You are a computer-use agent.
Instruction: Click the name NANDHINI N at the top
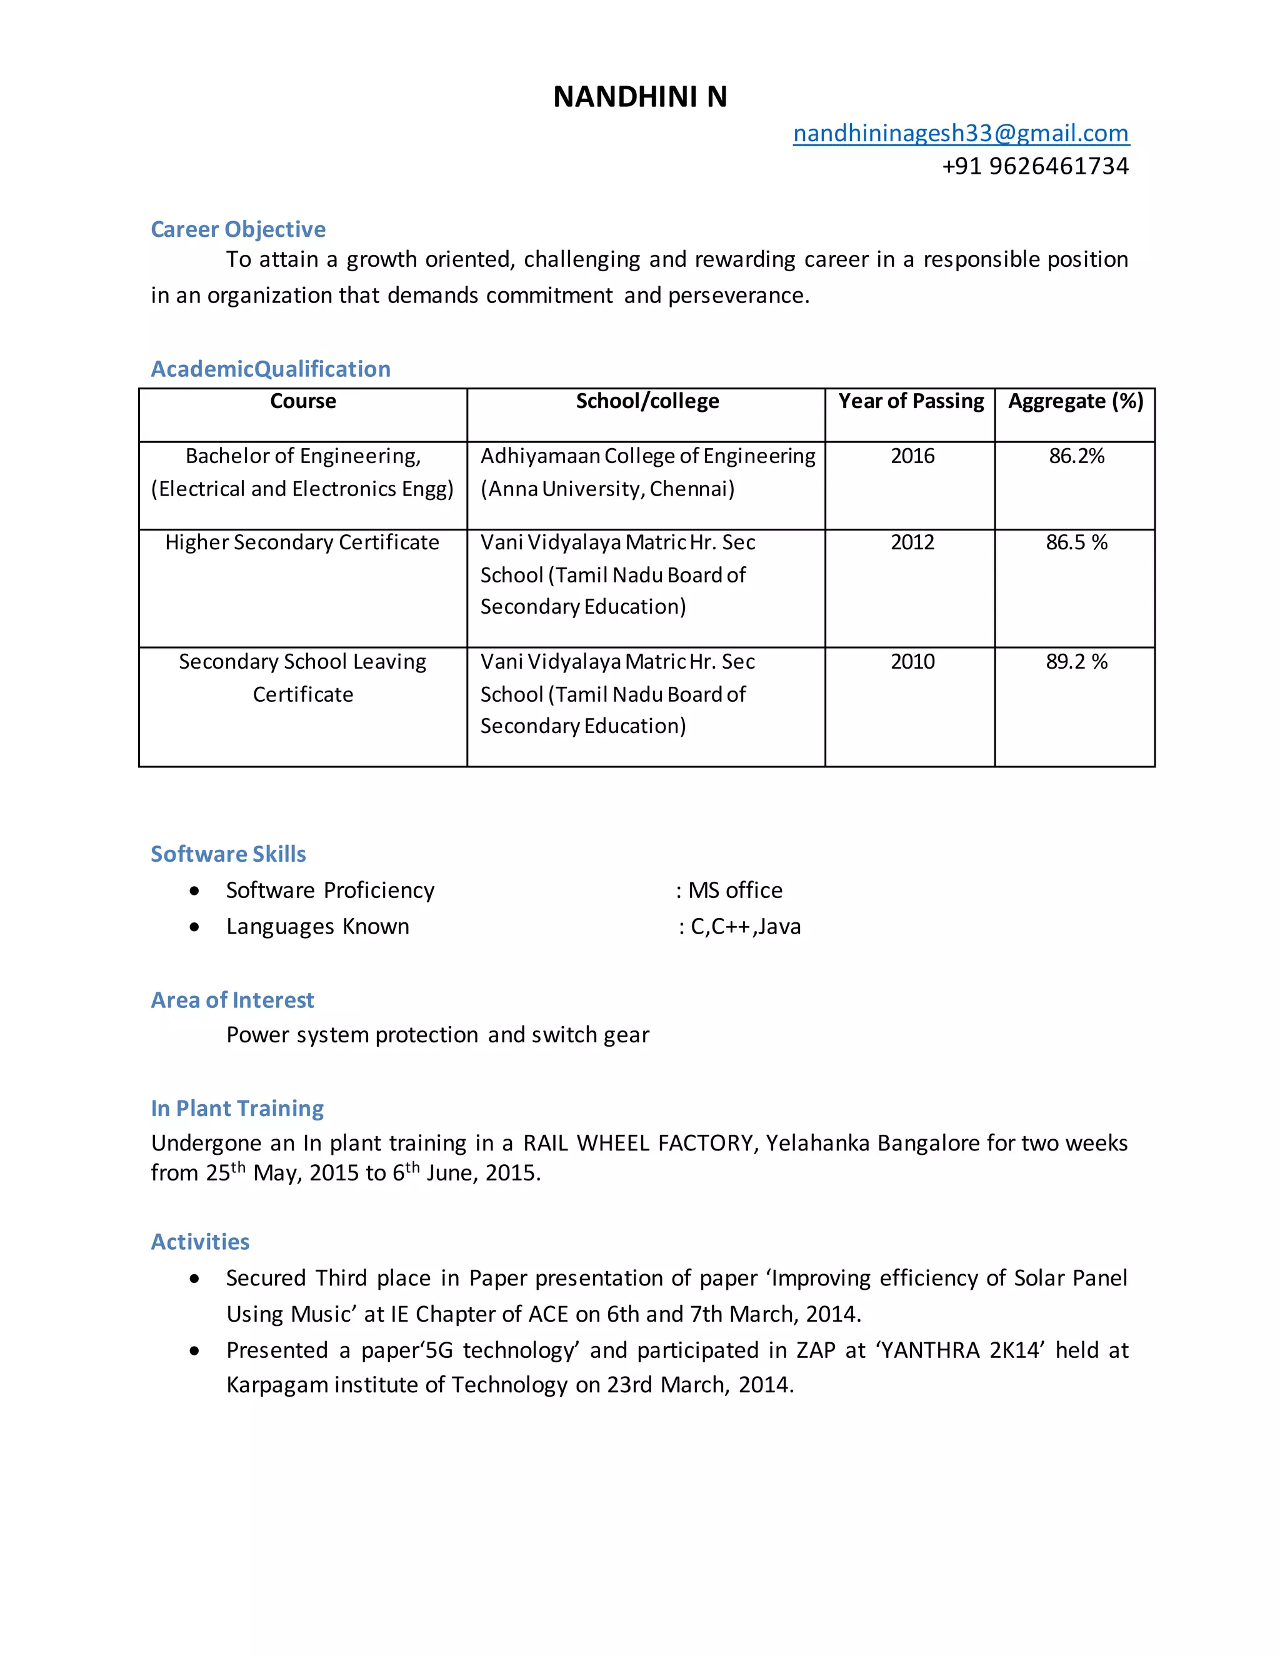point(639,97)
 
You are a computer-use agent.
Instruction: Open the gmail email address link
point(960,134)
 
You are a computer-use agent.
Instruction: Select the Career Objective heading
point(238,229)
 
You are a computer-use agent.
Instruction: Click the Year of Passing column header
point(910,401)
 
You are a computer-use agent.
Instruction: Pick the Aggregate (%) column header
point(1075,401)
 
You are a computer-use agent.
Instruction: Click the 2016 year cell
point(912,456)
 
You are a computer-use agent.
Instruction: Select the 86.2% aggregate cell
point(1076,456)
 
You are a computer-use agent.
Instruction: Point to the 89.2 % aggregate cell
point(1076,661)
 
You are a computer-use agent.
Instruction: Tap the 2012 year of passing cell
point(912,542)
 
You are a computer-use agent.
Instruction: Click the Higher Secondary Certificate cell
point(302,542)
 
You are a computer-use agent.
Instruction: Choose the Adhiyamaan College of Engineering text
point(647,456)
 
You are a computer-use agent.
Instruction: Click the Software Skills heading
point(228,854)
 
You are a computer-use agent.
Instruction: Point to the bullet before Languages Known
point(195,927)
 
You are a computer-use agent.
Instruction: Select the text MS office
point(735,890)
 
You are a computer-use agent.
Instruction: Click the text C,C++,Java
point(746,927)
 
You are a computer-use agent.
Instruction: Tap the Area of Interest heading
point(232,1000)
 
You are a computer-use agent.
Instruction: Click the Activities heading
point(200,1241)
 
